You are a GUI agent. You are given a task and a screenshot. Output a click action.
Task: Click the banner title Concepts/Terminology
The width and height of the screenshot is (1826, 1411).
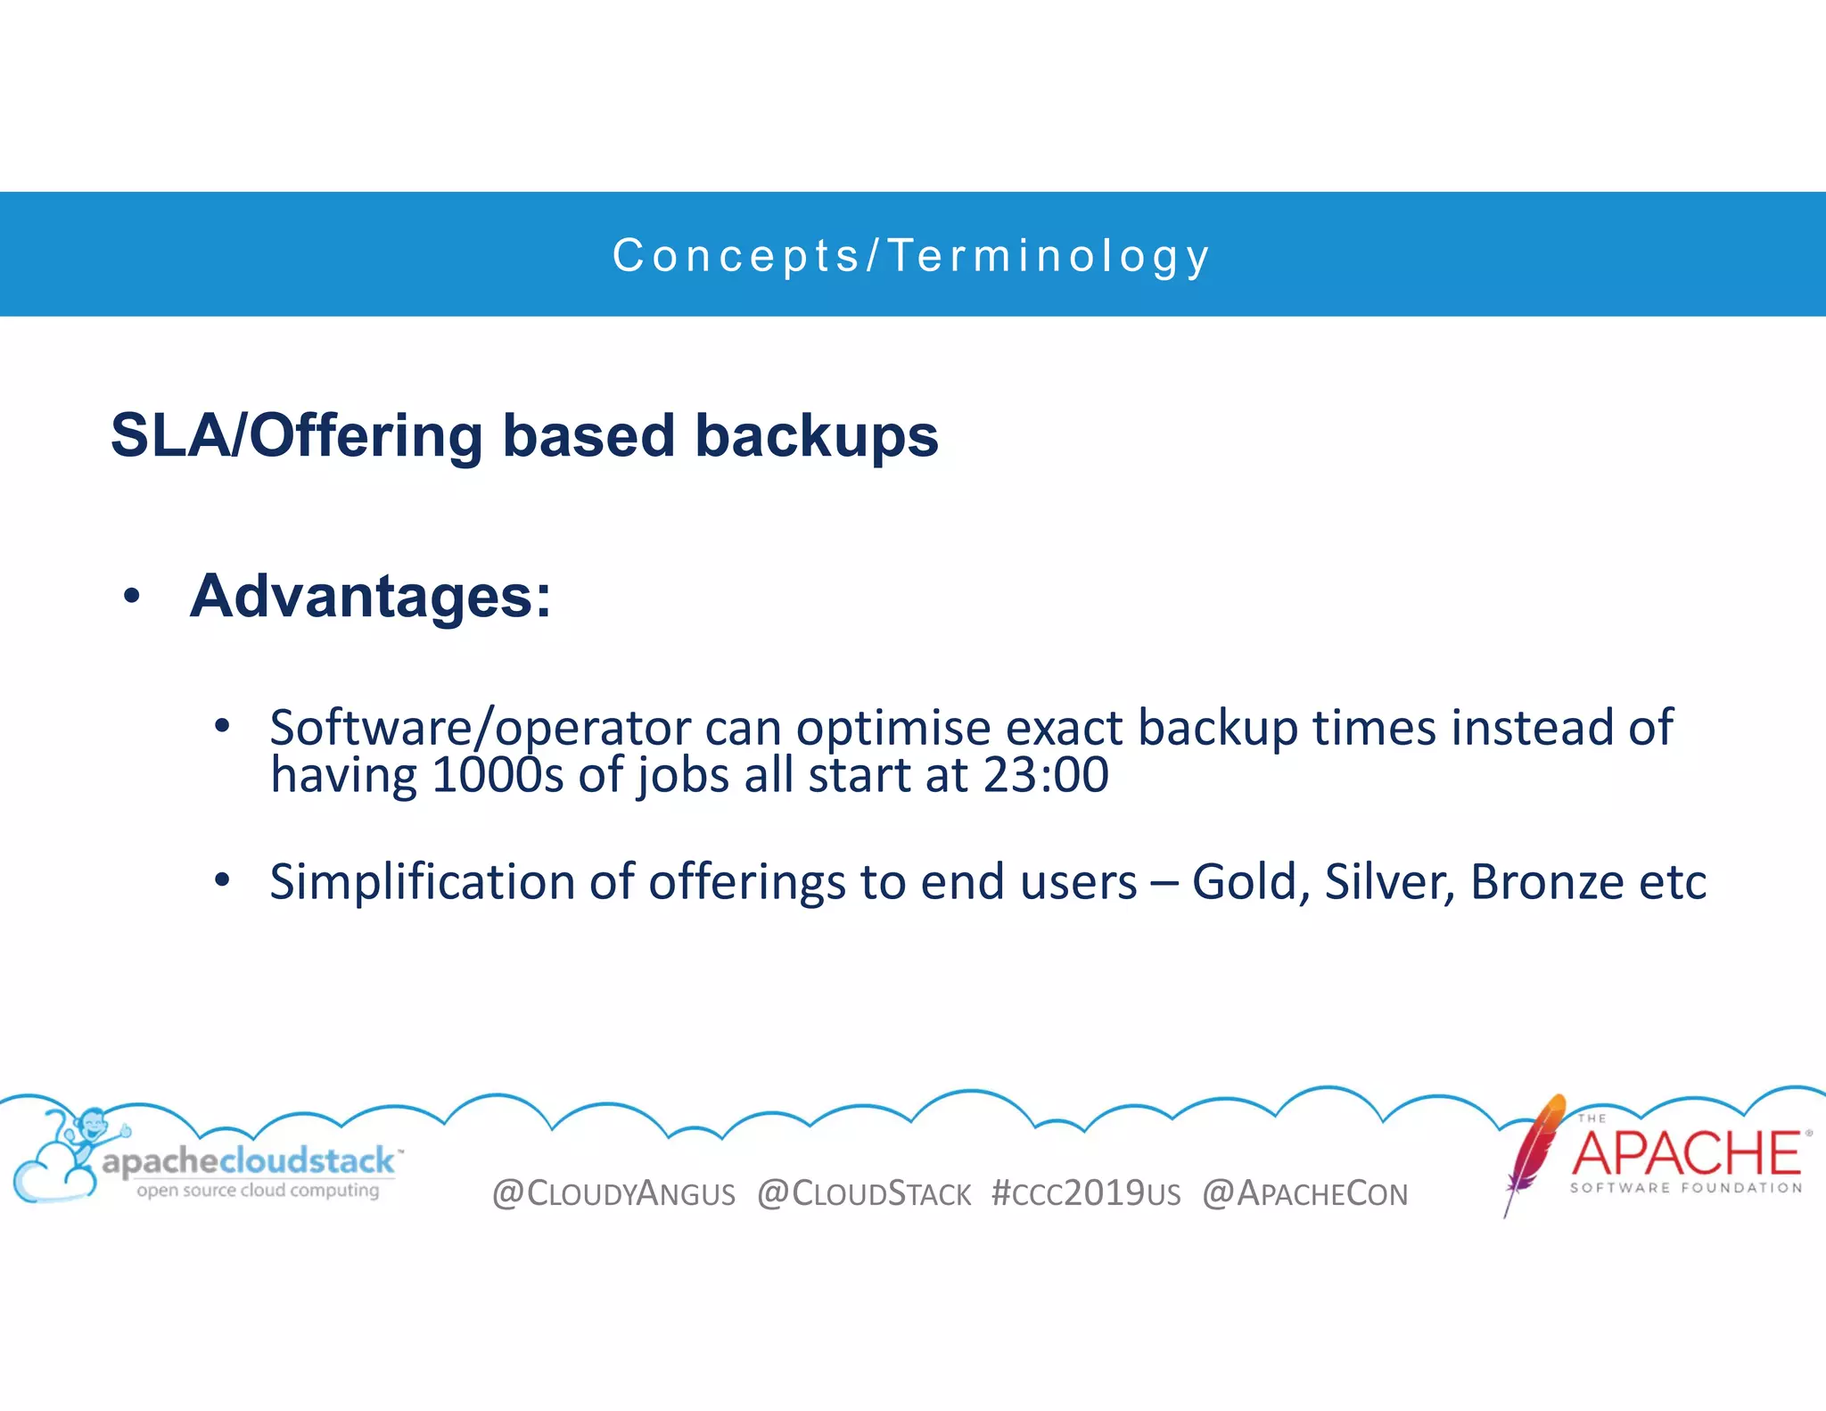point(911,256)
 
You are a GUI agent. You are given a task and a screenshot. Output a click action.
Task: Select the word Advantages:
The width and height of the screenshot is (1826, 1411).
point(371,596)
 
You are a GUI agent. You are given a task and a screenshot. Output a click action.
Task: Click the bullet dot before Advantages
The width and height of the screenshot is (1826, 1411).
point(132,597)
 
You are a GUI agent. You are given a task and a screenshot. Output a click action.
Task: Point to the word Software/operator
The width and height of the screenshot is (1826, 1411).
point(480,728)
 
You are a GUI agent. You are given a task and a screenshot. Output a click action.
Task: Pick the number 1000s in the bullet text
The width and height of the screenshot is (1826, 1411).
point(498,774)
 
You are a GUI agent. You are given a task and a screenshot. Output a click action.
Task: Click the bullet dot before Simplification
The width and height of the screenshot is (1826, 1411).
point(222,881)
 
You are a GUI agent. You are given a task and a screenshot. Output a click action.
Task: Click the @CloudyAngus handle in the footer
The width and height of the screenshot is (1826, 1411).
point(613,1193)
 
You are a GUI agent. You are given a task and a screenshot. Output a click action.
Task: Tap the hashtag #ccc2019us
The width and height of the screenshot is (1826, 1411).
point(1086,1193)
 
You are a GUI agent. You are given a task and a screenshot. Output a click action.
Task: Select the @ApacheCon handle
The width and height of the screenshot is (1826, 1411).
point(1304,1193)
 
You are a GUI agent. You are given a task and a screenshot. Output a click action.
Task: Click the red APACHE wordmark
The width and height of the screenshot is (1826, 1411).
point(1686,1153)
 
